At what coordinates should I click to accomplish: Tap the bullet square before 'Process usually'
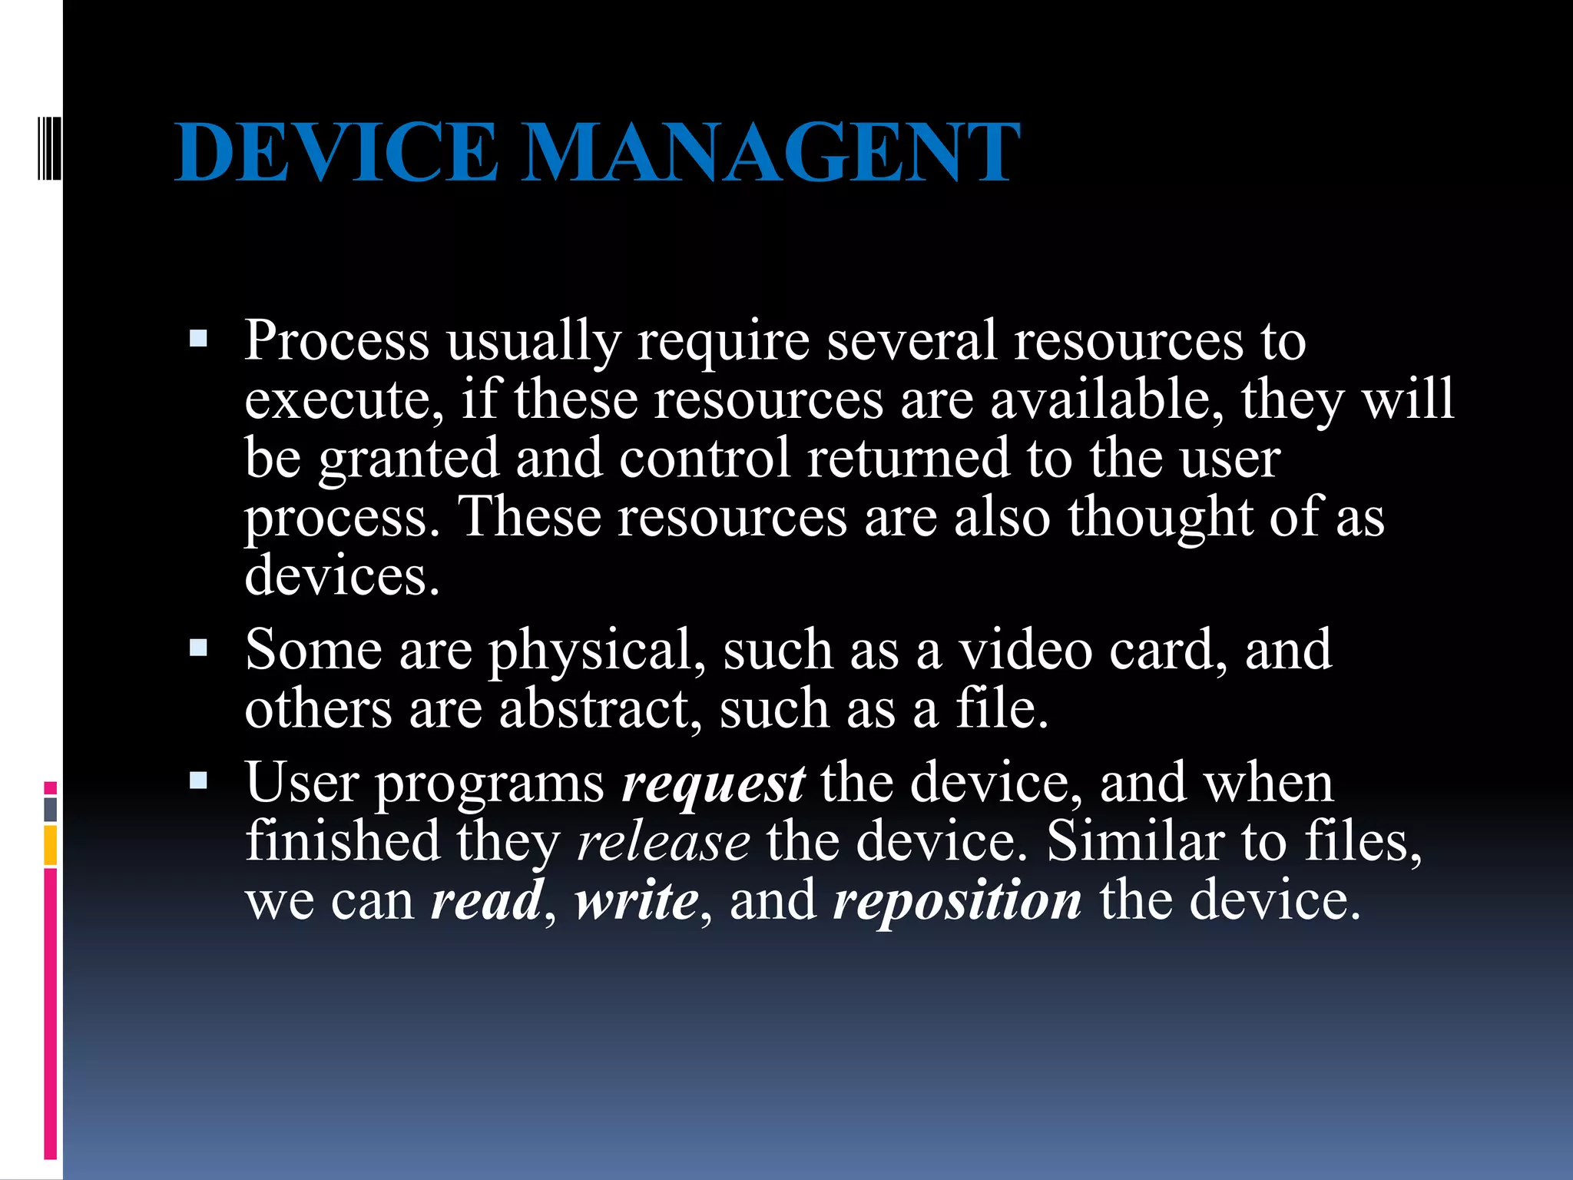198,339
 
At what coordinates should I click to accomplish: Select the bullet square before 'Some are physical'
198,648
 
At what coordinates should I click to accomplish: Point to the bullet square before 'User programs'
198,781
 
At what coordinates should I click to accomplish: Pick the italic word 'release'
663,843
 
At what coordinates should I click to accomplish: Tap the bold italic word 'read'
487,900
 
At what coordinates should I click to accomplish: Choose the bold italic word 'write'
637,900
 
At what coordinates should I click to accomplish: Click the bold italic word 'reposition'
958,902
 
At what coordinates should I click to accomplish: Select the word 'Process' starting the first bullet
336,340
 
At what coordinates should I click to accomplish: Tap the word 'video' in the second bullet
1025,650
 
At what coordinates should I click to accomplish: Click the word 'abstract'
596,708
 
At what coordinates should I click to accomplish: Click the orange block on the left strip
51,845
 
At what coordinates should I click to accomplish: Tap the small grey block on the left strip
51,809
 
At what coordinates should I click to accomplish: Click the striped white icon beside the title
49,149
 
